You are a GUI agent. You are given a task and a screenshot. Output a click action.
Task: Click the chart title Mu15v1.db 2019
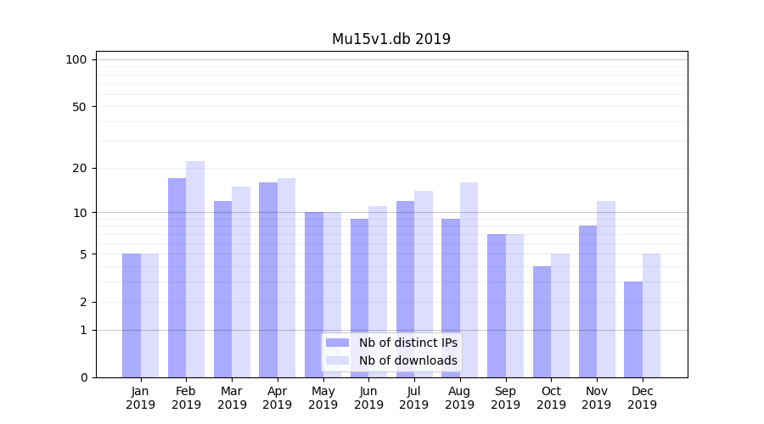tap(390, 39)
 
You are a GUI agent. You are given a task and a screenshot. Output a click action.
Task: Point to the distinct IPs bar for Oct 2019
tap(542, 321)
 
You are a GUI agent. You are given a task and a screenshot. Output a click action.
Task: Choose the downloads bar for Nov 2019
tap(606, 289)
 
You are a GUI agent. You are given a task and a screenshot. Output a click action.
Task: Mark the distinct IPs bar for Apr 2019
tap(268, 280)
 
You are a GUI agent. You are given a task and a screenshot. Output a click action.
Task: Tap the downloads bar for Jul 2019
tap(424, 284)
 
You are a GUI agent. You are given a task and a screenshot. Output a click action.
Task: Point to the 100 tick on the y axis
tap(76, 59)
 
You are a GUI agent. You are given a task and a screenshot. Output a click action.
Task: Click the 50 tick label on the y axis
tap(80, 107)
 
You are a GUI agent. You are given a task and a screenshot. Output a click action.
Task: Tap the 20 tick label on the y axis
tap(80, 168)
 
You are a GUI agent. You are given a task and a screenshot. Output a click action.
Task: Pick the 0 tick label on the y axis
tap(83, 377)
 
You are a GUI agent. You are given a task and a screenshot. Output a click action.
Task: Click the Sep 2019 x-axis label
tap(505, 398)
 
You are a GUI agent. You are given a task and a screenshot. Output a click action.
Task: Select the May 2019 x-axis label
tap(323, 398)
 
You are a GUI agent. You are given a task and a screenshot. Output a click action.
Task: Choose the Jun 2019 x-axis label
tap(368, 398)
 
